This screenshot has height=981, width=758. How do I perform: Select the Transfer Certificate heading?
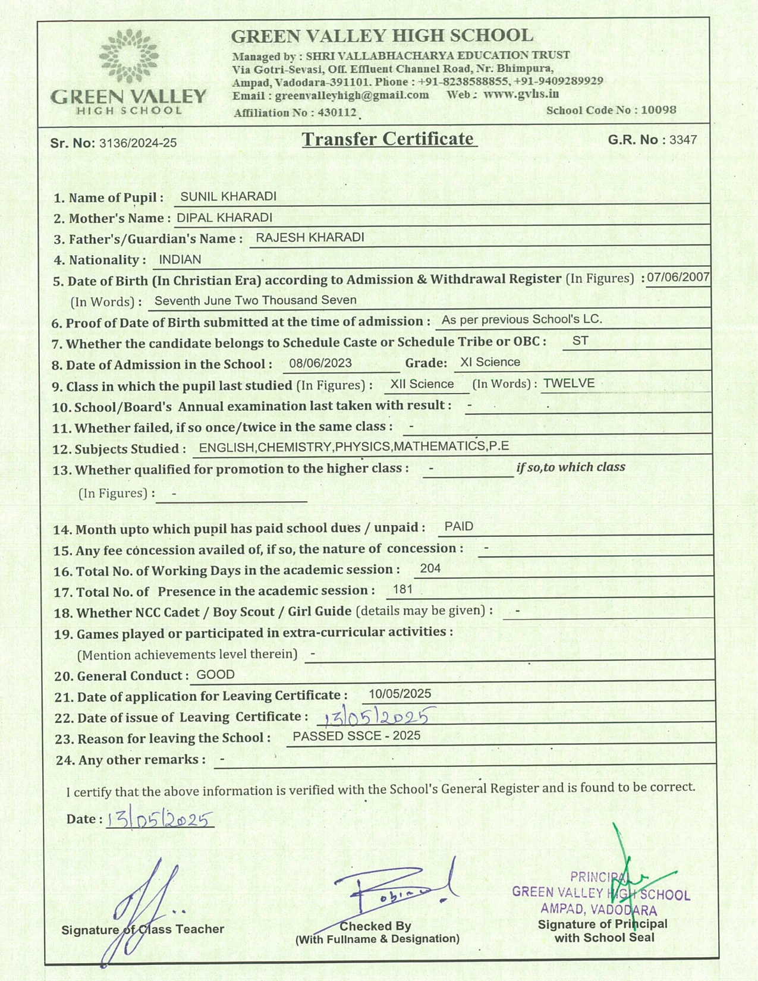(x=389, y=139)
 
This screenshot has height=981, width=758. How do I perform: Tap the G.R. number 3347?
(x=683, y=140)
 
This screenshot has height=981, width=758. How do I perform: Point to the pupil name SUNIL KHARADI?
(x=228, y=196)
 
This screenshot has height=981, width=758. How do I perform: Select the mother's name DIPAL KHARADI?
(x=224, y=218)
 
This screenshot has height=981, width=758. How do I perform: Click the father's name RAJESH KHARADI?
(x=310, y=238)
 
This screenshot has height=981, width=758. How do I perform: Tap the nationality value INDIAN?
(x=180, y=260)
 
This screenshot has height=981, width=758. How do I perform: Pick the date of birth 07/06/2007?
(x=678, y=277)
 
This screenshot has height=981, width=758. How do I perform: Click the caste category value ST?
(x=580, y=341)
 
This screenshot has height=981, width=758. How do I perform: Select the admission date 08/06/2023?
(x=320, y=363)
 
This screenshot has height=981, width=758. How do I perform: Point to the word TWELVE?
(x=569, y=383)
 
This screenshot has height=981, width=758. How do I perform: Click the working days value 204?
(x=430, y=568)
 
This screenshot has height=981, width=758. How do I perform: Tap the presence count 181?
(x=402, y=590)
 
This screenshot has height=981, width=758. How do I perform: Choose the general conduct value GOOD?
(x=215, y=675)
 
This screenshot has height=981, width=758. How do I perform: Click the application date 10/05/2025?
(x=400, y=694)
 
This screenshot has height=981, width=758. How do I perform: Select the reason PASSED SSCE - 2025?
(x=356, y=736)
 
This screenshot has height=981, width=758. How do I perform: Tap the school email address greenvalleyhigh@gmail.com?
(x=352, y=95)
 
